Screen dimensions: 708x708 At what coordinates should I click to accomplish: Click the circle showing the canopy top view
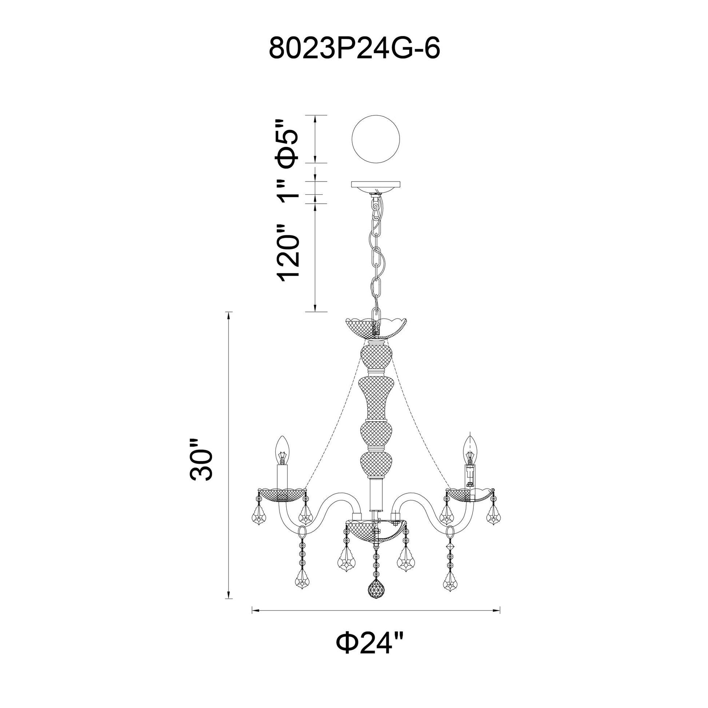(x=375, y=139)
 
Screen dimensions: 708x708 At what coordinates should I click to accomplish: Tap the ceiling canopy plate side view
(x=375, y=184)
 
